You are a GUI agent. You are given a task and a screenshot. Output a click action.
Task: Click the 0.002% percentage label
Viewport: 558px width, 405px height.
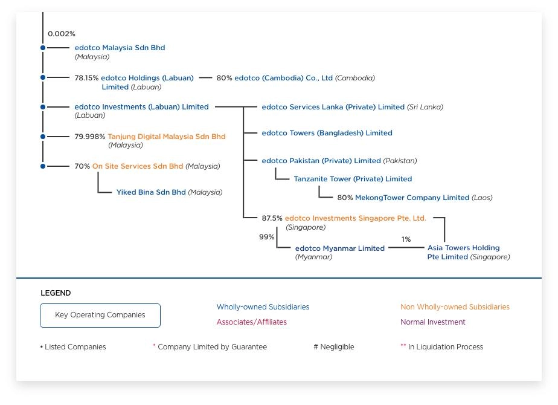pos(62,34)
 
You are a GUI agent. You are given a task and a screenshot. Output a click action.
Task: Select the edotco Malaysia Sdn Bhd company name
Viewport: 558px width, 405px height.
pos(120,48)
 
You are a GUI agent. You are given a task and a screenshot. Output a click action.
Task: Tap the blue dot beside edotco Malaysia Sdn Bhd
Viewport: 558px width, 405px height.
pos(43,48)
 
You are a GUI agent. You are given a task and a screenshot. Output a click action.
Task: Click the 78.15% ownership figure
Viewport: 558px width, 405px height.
pos(86,78)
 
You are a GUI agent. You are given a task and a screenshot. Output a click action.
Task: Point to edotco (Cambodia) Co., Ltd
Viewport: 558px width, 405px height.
pos(283,78)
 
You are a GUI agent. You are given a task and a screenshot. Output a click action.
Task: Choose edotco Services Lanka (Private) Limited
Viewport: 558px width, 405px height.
pos(333,107)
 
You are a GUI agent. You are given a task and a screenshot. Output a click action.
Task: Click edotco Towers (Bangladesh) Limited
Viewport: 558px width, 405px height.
pos(327,133)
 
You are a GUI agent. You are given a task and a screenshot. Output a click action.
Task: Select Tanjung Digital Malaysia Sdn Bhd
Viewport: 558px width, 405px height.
pos(167,137)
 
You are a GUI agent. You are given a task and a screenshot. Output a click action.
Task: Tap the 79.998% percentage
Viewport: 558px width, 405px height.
pos(89,137)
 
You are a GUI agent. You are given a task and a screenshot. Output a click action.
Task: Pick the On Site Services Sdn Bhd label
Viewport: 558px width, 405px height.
pos(138,166)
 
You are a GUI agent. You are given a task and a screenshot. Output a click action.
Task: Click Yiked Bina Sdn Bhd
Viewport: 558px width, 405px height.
pos(151,192)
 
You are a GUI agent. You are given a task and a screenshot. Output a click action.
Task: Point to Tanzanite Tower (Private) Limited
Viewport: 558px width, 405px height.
pos(353,179)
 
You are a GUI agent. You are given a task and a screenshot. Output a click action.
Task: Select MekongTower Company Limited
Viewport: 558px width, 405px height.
pos(412,198)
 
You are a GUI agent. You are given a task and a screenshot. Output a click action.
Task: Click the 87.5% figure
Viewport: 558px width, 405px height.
pos(272,218)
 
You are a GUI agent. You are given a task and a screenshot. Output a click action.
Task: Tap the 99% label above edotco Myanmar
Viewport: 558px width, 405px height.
pos(266,237)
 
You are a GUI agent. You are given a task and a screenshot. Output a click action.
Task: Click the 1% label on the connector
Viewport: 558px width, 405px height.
pos(406,239)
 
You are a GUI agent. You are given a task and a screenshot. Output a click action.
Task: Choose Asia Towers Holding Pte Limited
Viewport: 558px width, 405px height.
pos(463,252)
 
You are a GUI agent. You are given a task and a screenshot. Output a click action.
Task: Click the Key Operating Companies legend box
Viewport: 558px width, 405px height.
pos(100,316)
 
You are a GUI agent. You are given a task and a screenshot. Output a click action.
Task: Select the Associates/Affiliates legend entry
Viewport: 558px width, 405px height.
pos(252,322)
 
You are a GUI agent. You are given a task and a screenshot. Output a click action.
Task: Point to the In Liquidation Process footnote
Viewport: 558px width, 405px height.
pos(446,346)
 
